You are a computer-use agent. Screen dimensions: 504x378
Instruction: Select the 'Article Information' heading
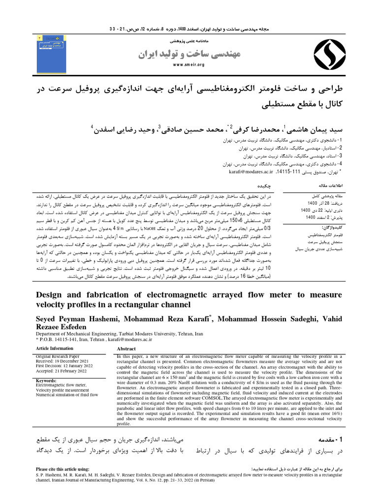coord(55,348)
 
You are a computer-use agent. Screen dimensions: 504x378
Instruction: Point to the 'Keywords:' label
coord(47,380)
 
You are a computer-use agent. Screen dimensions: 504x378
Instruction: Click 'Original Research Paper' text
coord(58,356)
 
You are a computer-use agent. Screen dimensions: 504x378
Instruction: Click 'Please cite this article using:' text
coord(63,470)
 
